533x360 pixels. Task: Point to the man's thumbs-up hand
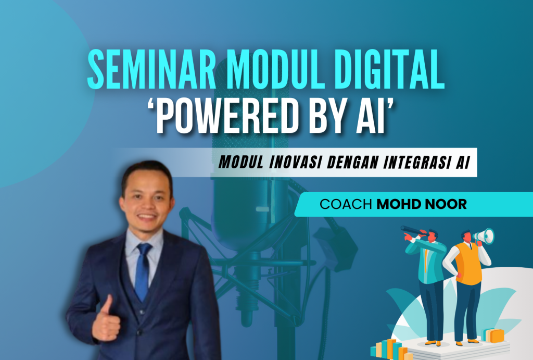[x=106, y=320]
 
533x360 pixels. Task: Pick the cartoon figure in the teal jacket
[x=430, y=281]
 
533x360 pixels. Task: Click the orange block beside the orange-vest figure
[x=493, y=335]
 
